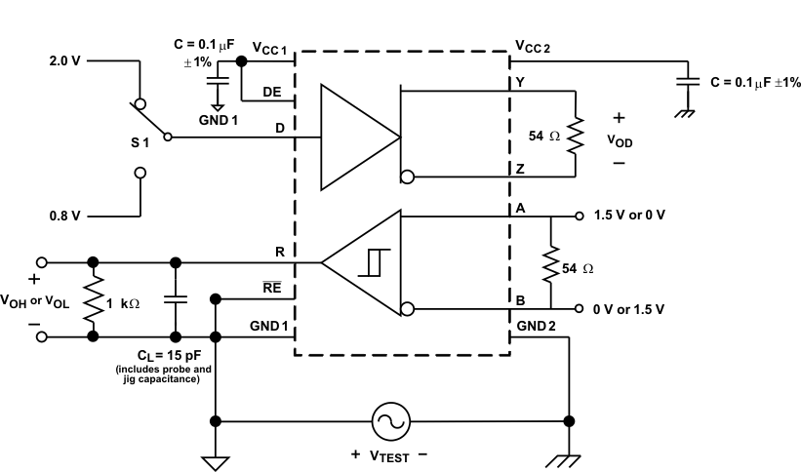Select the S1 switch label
point(140,142)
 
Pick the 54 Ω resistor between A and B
point(551,262)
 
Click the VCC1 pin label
point(269,48)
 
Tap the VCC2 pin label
point(533,47)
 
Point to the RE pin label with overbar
point(272,290)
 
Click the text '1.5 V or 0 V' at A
point(629,216)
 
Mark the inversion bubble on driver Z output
point(407,177)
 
